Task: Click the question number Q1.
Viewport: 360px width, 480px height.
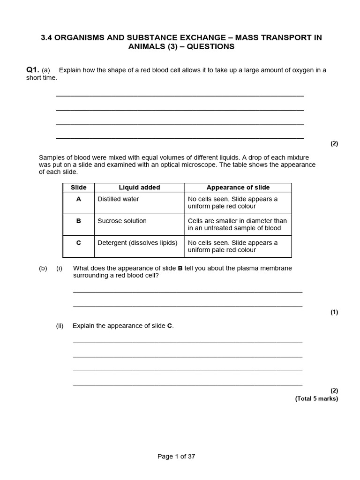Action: (32, 70)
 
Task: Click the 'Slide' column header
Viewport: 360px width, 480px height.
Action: (78, 187)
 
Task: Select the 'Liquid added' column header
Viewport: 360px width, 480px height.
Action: (139, 187)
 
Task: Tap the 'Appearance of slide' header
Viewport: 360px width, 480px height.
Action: (238, 187)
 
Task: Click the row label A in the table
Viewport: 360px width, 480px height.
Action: (78, 199)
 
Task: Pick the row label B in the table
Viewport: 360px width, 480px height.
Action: (78, 221)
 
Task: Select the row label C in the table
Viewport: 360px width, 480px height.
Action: (78, 243)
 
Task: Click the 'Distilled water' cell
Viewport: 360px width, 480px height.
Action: (118, 199)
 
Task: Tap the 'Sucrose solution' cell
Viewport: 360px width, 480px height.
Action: (122, 221)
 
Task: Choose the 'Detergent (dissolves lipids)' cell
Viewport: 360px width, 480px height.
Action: (137, 243)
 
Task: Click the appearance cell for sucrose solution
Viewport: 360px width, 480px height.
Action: (237, 225)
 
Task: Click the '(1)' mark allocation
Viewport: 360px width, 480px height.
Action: (334, 312)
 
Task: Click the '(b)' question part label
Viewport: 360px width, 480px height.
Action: (43, 268)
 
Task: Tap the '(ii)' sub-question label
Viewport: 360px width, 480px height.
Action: (60, 326)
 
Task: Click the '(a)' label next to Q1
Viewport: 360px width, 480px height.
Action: (46, 70)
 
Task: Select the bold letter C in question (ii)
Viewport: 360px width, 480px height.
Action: (170, 326)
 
